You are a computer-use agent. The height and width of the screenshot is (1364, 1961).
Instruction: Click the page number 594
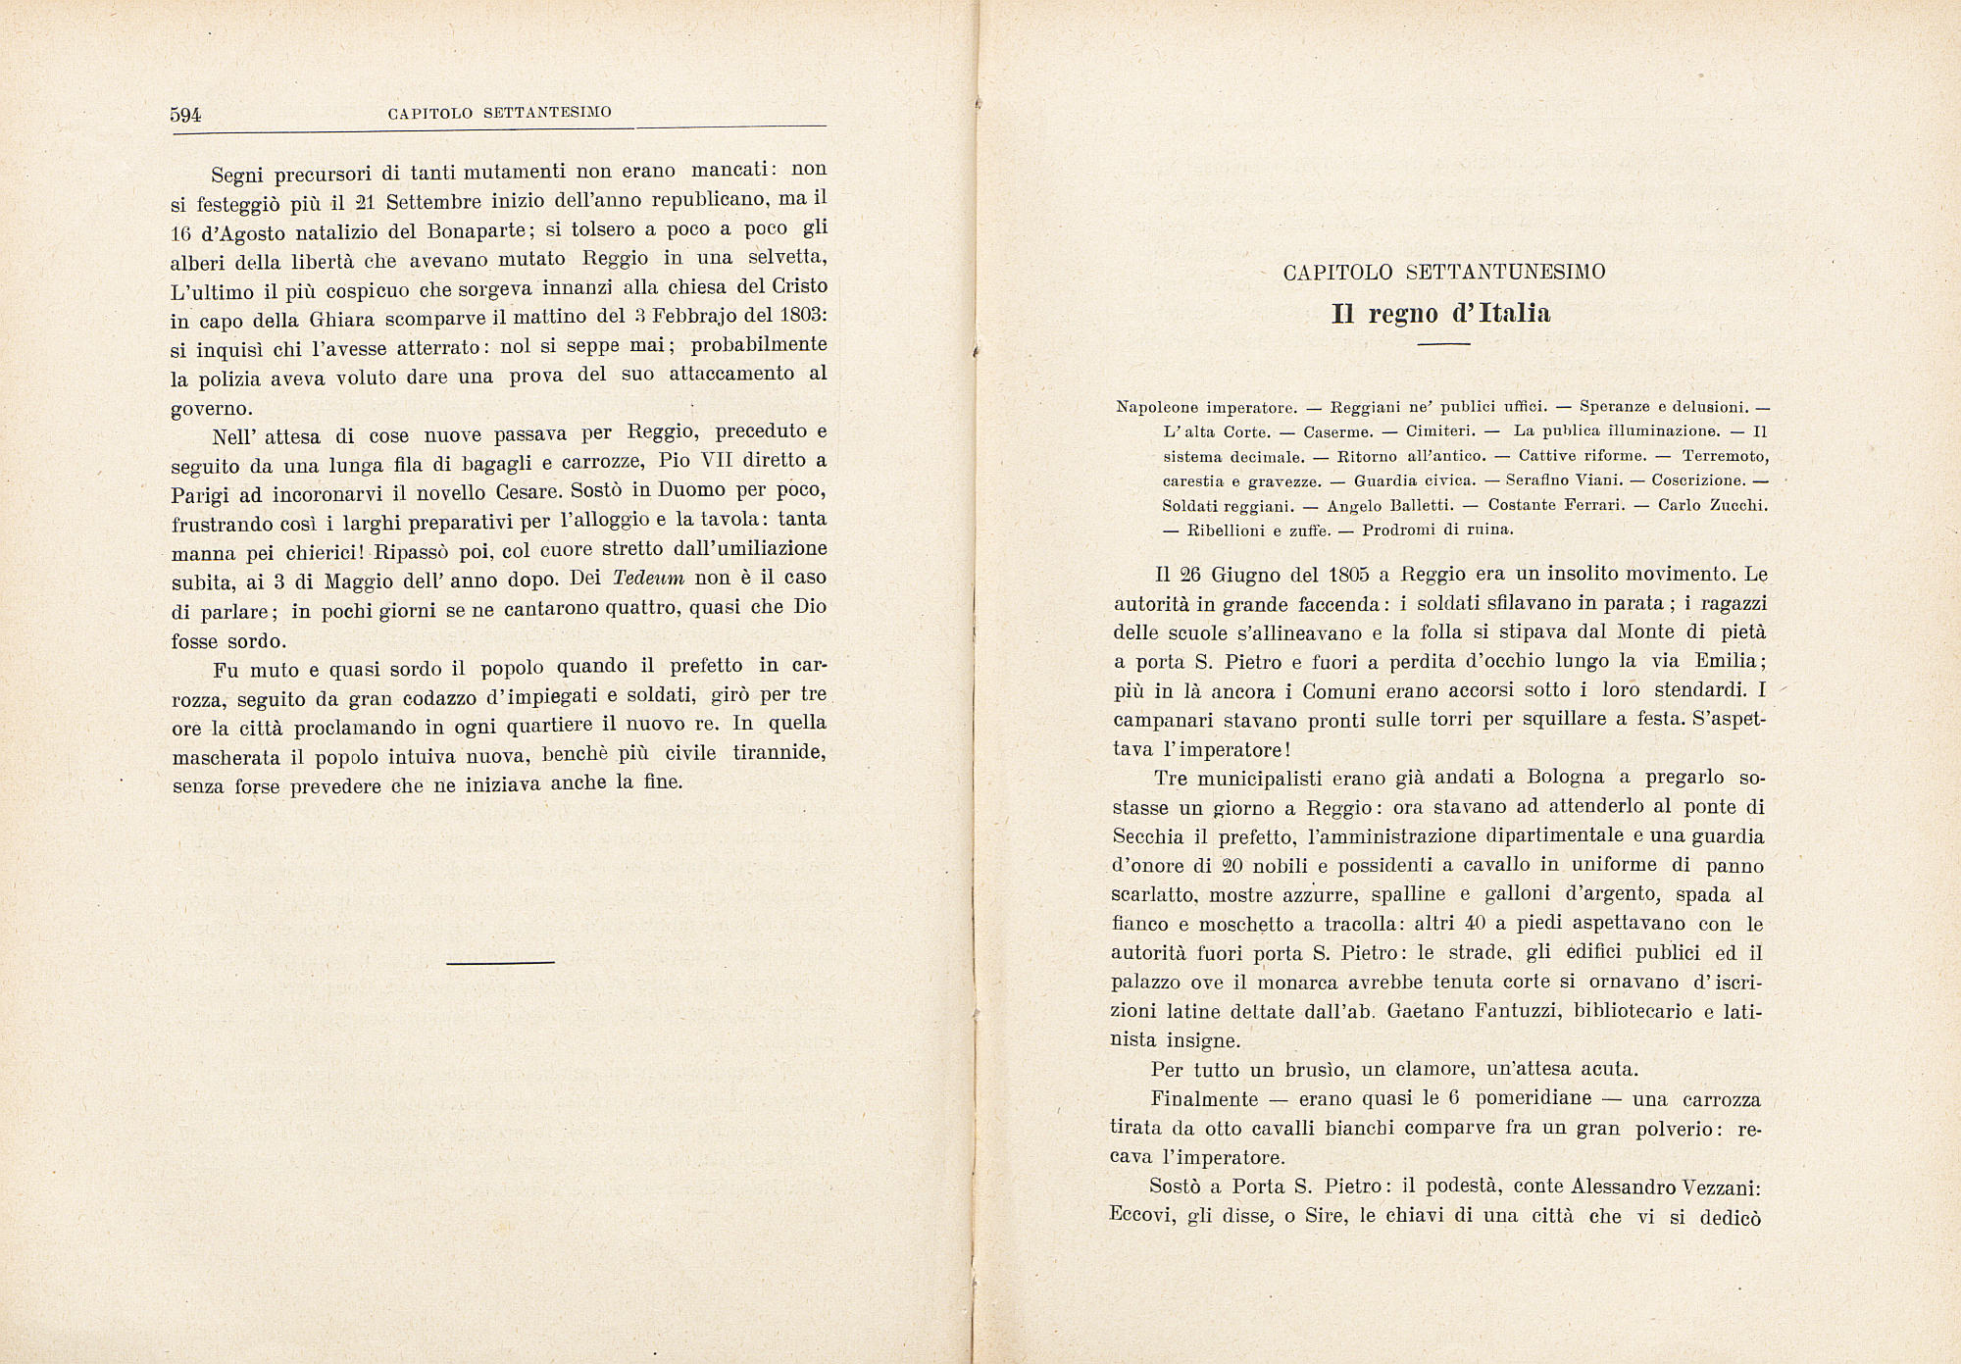coord(185,115)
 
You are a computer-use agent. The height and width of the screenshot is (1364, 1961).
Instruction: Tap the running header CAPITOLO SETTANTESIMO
coord(499,113)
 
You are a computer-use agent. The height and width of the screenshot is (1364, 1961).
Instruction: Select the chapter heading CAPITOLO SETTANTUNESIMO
coord(1443,273)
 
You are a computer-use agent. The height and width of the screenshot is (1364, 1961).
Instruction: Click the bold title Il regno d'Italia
coord(1441,314)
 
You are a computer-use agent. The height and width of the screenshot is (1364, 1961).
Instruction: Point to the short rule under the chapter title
coord(1443,344)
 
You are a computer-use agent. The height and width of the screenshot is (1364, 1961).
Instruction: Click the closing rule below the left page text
coord(500,962)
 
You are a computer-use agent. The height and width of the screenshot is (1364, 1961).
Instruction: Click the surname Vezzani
coord(1720,1187)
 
